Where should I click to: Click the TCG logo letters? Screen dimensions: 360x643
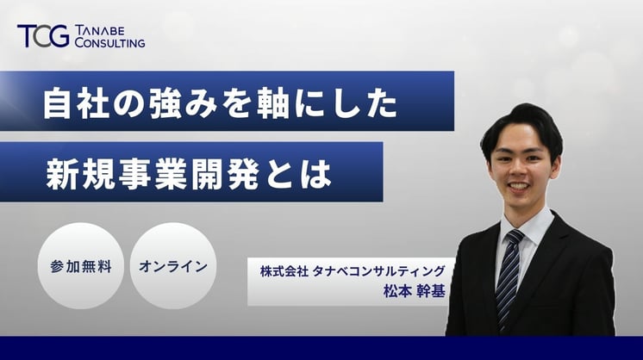coord(41,36)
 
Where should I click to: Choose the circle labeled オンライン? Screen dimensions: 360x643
coord(173,266)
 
